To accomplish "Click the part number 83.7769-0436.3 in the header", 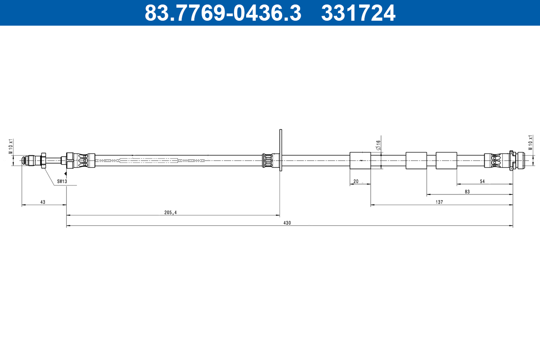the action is pyautogui.click(x=223, y=13).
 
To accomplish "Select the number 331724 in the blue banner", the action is pyautogui.click(x=358, y=13).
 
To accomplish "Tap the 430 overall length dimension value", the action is pyautogui.click(x=287, y=223).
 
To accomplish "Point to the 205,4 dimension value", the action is pyautogui.click(x=171, y=212).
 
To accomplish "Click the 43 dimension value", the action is pyautogui.click(x=43, y=202).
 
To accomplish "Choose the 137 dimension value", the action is pyautogui.click(x=439, y=202).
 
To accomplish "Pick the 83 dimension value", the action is pyautogui.click(x=467, y=192).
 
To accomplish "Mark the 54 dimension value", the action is pyautogui.click(x=482, y=181).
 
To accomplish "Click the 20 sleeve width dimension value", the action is pyautogui.click(x=356, y=181).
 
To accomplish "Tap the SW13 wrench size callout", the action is pyautogui.click(x=62, y=181).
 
